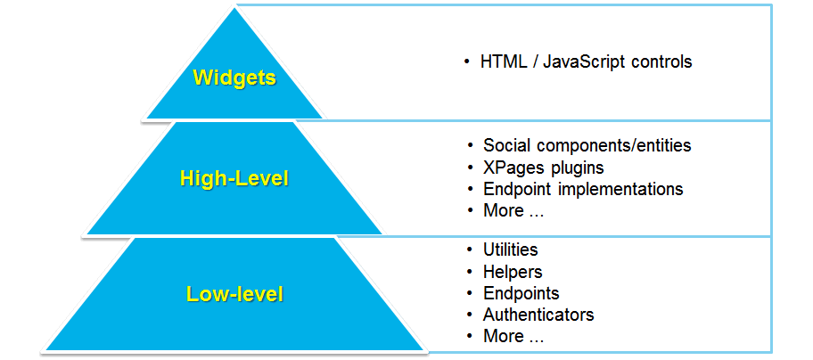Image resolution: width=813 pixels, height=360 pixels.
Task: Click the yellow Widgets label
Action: click(x=234, y=78)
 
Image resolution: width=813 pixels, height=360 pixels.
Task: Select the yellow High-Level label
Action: click(x=234, y=178)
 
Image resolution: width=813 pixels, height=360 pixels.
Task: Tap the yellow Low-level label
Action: click(x=234, y=293)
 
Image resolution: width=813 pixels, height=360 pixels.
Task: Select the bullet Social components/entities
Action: click(x=587, y=145)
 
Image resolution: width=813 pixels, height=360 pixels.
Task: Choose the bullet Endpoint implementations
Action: click(x=583, y=189)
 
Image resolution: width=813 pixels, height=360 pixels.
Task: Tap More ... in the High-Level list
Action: click(x=513, y=210)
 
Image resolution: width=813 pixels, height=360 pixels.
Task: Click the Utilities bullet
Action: click(x=510, y=250)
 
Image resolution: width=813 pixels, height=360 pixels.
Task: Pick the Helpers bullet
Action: click(x=513, y=272)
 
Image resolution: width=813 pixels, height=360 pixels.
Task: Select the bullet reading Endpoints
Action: click(x=521, y=293)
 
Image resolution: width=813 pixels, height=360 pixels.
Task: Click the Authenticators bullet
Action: click(x=538, y=315)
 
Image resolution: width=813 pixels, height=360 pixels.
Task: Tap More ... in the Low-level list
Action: click(x=513, y=336)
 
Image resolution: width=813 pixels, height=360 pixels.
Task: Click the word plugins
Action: click(x=579, y=168)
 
